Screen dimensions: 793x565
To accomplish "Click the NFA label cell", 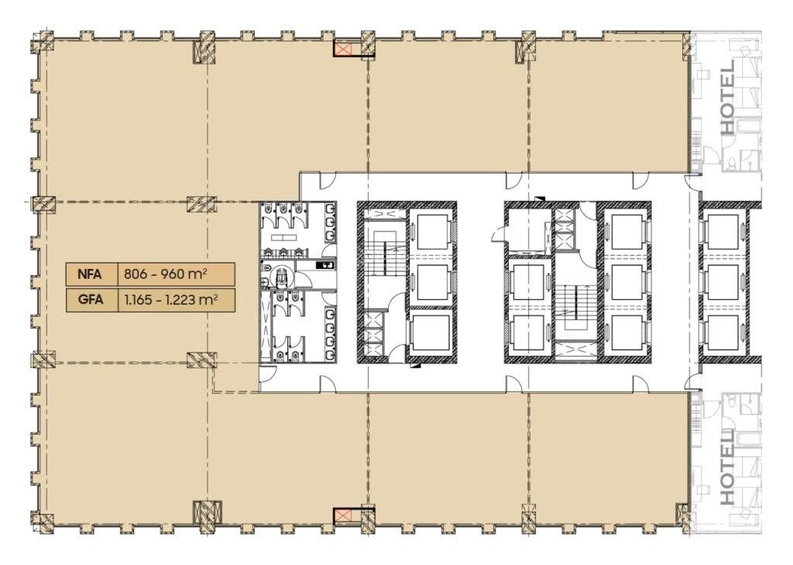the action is pyautogui.click(x=91, y=275).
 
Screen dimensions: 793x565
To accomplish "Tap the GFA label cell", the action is pyautogui.click(x=91, y=300).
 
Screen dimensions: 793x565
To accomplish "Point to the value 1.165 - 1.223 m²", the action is pyautogui.click(x=171, y=300).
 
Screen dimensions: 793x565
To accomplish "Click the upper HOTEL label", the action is pyautogui.click(x=726, y=98).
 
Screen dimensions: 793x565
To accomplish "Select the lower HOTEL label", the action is pyautogui.click(x=726, y=467).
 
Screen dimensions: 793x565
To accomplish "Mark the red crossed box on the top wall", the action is pyautogui.click(x=344, y=49).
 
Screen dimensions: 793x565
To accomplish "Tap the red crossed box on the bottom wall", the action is pyautogui.click(x=344, y=515).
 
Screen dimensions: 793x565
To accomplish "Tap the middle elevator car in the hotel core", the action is pyautogui.click(x=723, y=282).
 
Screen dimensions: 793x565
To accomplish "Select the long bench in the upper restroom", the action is pyautogui.click(x=287, y=237).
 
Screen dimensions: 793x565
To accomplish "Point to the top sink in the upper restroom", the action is pyautogui.click(x=330, y=208).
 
